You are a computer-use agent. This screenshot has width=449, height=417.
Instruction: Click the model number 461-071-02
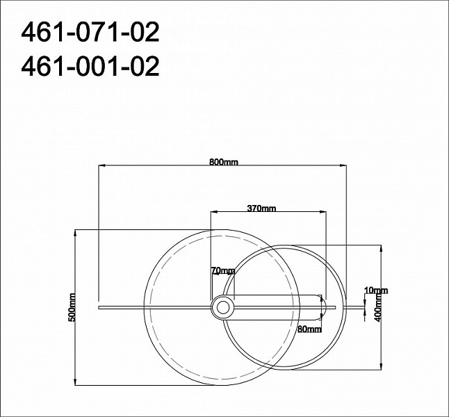90,33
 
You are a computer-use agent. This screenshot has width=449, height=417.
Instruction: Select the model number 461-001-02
90,66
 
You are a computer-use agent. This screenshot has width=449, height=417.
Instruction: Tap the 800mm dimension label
224,162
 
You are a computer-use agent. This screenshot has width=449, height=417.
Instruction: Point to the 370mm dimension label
261,208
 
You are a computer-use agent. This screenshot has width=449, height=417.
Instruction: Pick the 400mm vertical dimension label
379,307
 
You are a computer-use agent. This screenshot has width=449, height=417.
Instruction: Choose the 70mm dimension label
223,270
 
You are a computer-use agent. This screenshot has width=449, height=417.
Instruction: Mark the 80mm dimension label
309,329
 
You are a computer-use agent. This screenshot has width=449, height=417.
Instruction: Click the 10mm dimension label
376,291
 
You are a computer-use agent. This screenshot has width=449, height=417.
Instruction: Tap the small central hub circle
223,308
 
